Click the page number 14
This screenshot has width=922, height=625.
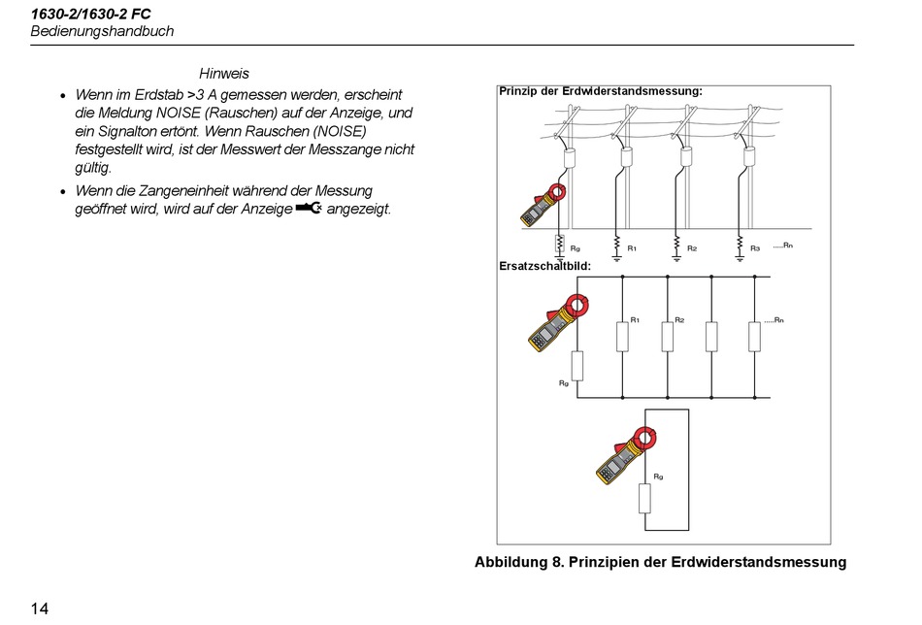tap(40, 609)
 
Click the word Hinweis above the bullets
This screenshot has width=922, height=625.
tap(224, 74)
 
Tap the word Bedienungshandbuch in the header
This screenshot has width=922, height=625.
tap(102, 31)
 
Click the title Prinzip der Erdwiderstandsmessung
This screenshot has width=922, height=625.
tap(600, 91)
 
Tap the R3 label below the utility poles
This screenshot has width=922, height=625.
tap(755, 248)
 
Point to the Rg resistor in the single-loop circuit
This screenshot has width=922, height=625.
tap(643, 499)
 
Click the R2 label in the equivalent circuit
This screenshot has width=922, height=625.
tap(679, 319)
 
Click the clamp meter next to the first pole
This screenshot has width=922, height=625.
tap(541, 206)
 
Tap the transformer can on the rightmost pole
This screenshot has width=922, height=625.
tap(749, 156)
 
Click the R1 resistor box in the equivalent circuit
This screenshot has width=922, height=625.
tap(622, 336)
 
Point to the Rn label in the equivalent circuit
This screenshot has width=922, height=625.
tap(774, 319)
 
